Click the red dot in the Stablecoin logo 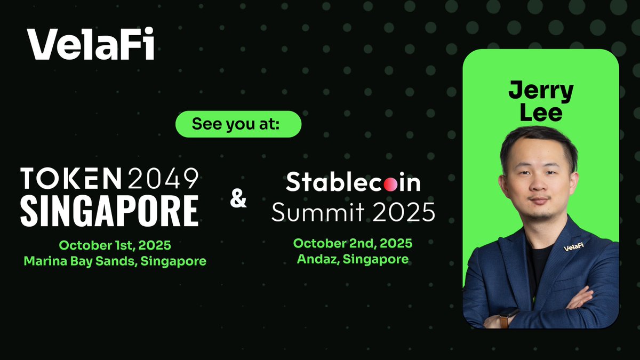click(x=391, y=185)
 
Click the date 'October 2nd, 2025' click(x=353, y=243)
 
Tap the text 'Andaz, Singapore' click(x=353, y=260)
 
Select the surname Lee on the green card click(x=541, y=113)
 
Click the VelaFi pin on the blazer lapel click(x=572, y=247)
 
